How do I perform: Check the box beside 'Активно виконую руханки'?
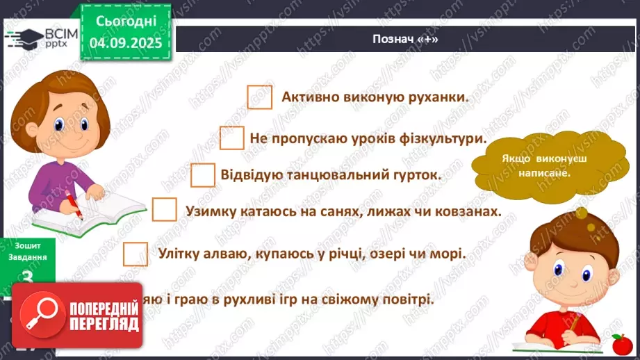(260, 97)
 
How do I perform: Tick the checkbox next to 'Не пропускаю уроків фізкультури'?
(232, 138)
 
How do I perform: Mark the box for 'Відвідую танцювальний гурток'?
(202, 174)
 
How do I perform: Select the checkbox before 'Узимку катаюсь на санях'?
(165, 210)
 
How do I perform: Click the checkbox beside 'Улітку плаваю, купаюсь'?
(136, 253)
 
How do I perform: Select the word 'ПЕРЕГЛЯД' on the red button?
(104, 323)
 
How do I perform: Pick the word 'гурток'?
(417, 175)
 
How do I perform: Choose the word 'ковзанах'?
(469, 211)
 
